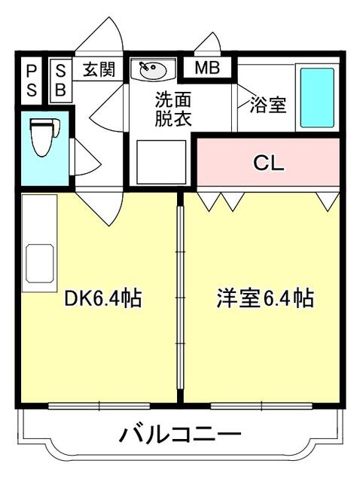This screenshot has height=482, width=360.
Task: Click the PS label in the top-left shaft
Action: (31, 79)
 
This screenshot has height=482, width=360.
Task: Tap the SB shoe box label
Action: (61, 79)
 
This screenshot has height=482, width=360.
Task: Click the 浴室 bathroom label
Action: (268, 105)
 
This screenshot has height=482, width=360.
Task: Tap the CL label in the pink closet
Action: (268, 163)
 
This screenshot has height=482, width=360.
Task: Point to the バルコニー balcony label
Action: (181, 435)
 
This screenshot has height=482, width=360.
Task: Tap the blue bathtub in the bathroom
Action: (318, 98)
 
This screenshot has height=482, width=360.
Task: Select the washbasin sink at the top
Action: (152, 71)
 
